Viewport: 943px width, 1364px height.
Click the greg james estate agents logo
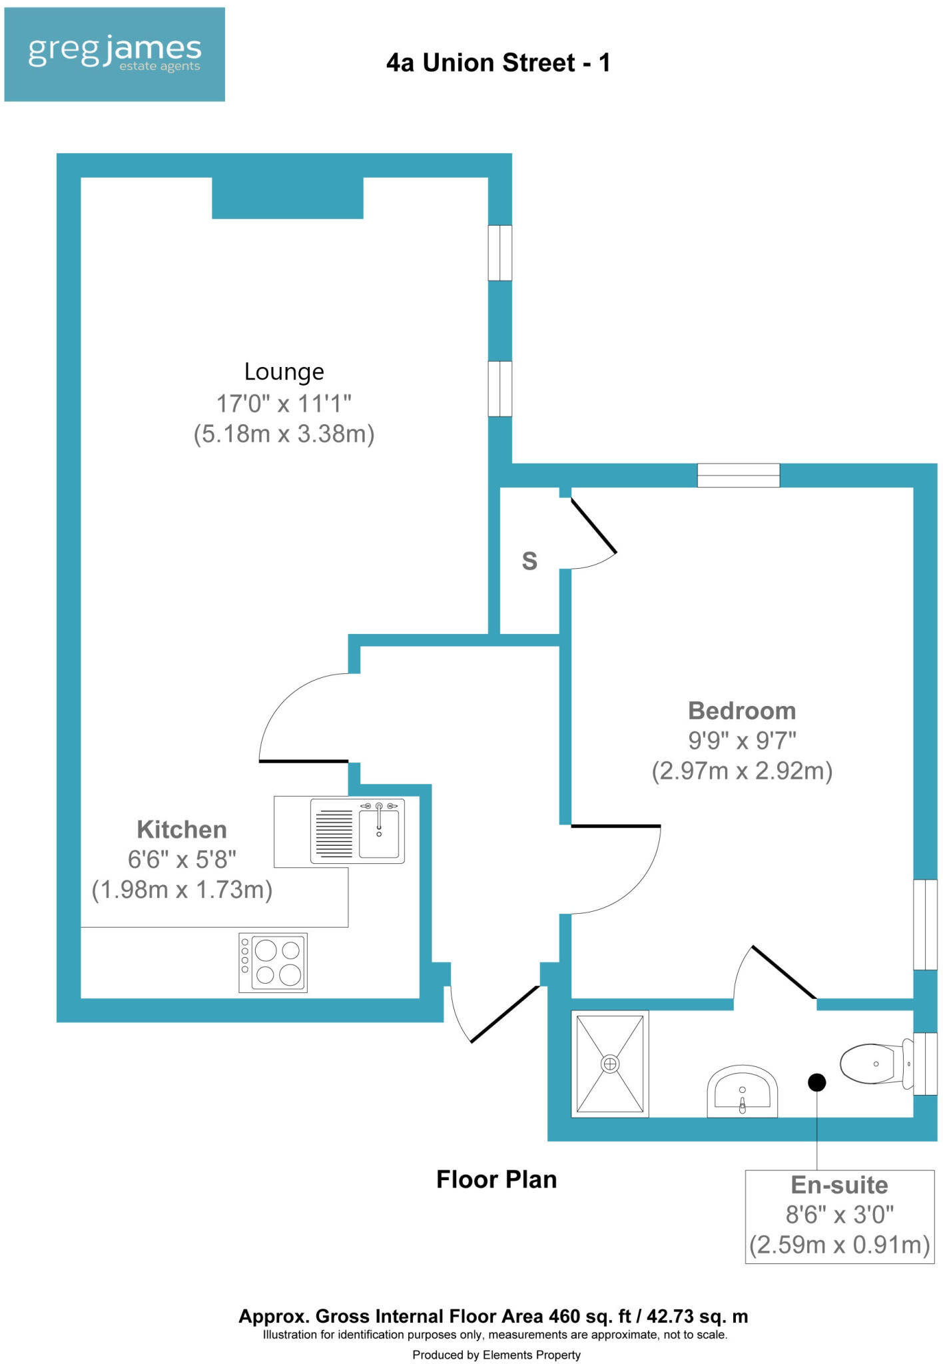pos(115,54)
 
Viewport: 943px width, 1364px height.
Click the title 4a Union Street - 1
pos(498,63)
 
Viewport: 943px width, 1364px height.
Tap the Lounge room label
pos(284,372)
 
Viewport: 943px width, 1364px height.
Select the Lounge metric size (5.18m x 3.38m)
pos(284,434)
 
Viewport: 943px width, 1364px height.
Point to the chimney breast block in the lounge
pos(288,198)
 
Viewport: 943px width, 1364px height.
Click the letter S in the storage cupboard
pos(529,561)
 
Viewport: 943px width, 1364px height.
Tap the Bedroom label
pos(742,711)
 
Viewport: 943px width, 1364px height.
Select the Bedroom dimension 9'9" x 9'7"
pos(742,740)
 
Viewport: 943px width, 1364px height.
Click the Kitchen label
pos(182,829)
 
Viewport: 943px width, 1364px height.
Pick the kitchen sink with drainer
pos(358,832)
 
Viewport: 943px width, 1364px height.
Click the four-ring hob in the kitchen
pos(273,962)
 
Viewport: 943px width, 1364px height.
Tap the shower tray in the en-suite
pos(610,1064)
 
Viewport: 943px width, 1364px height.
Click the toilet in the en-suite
pos(874,1064)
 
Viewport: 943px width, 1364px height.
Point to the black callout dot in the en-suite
pos(817,1082)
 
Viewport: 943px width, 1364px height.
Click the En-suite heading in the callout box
pos(839,1185)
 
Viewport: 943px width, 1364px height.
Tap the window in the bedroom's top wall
pos(738,475)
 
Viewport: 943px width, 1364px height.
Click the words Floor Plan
pos(496,1180)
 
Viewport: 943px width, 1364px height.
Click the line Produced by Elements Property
pos(496,1355)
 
